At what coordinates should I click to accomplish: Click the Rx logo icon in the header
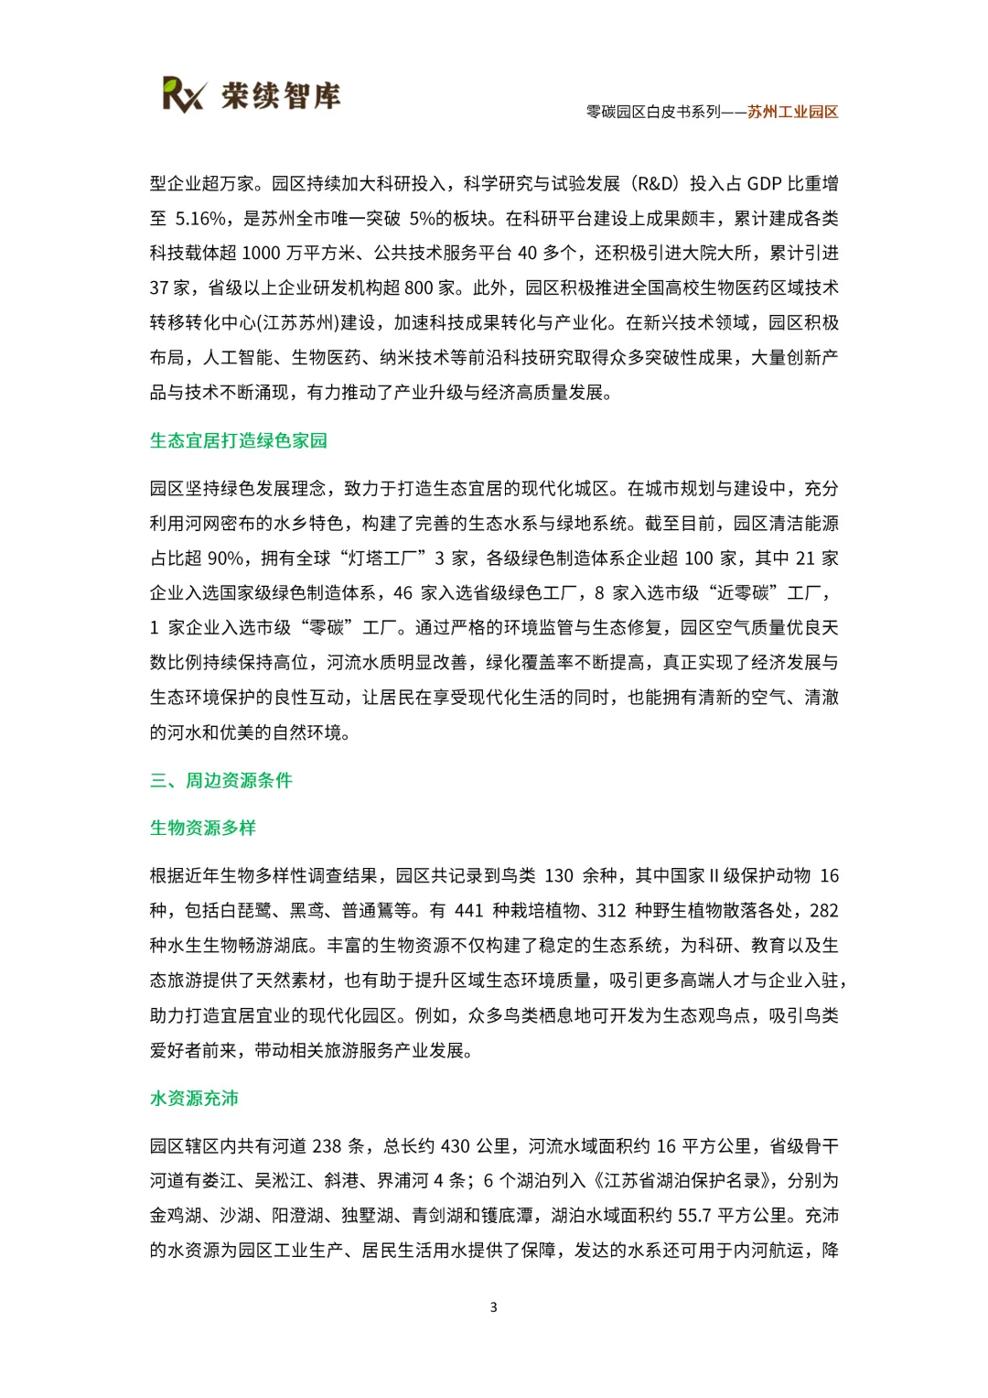(184, 94)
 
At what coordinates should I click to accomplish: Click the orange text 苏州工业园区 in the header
(792, 112)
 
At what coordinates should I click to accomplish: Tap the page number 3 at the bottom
(494, 1307)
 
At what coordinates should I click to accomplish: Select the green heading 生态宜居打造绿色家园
(239, 440)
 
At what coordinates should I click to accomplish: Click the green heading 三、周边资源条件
(221, 780)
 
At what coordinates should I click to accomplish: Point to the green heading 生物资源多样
(203, 828)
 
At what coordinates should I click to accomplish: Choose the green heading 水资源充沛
(194, 1098)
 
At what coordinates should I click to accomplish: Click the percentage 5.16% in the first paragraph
(200, 218)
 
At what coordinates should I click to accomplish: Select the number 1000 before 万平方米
(262, 253)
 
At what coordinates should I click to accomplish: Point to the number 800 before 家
(419, 287)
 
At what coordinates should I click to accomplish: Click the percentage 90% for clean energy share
(224, 558)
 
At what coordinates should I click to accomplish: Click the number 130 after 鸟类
(559, 876)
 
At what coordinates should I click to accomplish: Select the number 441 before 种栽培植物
(468, 911)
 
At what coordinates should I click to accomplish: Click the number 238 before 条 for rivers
(327, 1146)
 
